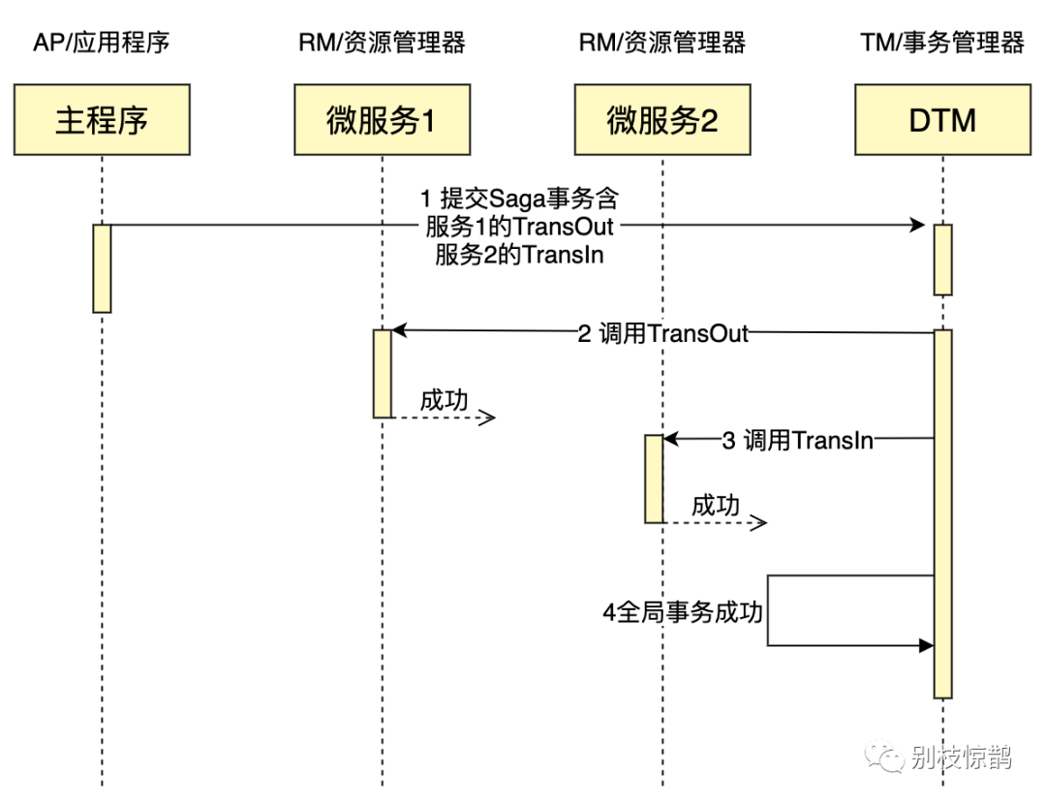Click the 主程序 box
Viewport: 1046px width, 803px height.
coord(102,120)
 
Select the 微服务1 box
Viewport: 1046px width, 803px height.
coord(383,120)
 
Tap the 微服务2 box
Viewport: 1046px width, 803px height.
coord(662,120)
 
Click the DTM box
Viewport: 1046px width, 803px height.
coord(942,120)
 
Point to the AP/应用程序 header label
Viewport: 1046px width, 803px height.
coord(102,43)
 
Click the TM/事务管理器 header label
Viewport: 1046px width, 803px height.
coord(942,43)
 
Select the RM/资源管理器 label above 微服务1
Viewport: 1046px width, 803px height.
coord(383,43)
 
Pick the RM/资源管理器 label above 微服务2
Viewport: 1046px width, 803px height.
coord(662,43)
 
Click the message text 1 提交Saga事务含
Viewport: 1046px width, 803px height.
coord(519,200)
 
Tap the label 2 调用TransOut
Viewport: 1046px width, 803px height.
coord(663,333)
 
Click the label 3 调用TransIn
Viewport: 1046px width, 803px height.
coord(798,440)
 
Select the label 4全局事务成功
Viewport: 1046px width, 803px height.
coord(683,612)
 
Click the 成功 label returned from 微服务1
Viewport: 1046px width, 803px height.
coord(445,400)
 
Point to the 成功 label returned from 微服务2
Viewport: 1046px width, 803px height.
coord(716,506)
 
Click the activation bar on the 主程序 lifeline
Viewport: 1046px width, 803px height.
coord(102,268)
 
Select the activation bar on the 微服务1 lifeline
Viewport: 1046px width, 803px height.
coord(383,373)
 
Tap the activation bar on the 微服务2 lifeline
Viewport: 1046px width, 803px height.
coord(655,479)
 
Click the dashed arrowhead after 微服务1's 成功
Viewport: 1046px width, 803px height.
coord(489,417)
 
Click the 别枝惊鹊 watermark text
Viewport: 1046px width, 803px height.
coord(961,757)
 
